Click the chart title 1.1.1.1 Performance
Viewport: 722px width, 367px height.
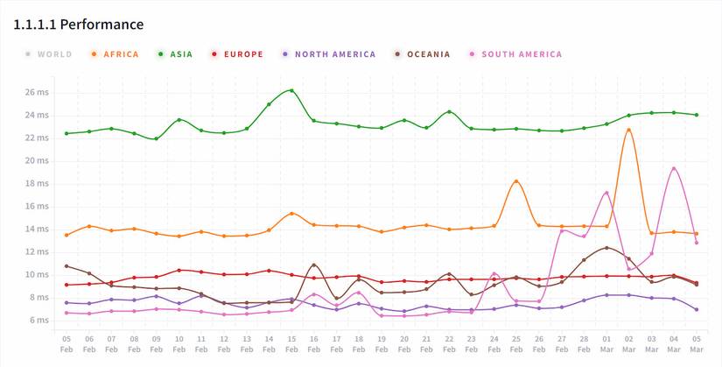click(x=79, y=25)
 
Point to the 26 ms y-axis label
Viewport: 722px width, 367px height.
click(x=37, y=92)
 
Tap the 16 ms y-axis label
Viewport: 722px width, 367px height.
click(x=37, y=206)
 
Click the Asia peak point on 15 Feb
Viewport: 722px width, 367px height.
click(x=291, y=90)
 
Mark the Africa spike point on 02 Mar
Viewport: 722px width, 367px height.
click(x=628, y=130)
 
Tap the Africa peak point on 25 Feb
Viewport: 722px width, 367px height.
click(x=516, y=181)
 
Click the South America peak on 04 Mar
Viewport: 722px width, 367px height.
click(x=674, y=168)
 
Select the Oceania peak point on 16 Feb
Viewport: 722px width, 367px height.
click(x=314, y=265)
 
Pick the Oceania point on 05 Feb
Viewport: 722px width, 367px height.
click(x=67, y=266)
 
